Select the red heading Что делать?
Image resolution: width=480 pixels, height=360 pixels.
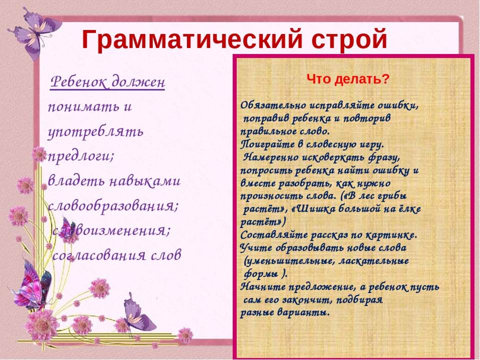pos(348,79)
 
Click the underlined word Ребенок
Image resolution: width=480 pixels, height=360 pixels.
pos(79,82)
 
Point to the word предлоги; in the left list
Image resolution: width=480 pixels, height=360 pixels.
pos(81,157)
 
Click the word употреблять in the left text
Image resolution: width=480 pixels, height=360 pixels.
pos(95,131)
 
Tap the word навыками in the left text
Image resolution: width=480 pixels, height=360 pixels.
pos(145,181)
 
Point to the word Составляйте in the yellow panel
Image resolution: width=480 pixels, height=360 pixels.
pos(274,235)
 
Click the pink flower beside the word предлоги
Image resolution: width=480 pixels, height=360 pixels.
pos(39,154)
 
